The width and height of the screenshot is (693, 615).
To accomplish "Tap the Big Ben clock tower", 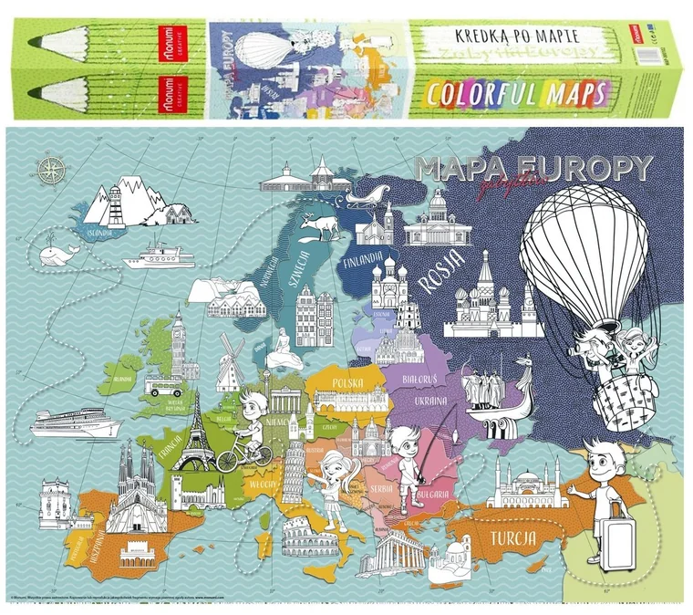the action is [179, 341].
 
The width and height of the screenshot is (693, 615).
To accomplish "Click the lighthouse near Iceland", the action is [116, 205].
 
